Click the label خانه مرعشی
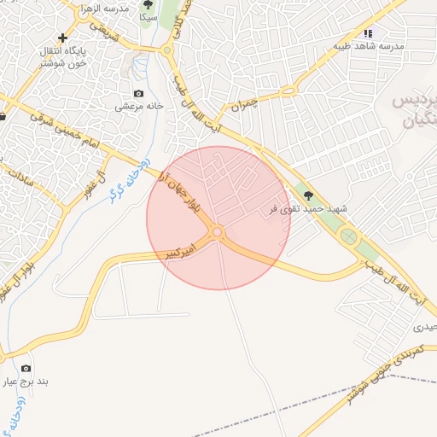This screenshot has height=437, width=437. click(x=138, y=108)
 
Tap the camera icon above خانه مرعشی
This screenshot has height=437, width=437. click(x=138, y=94)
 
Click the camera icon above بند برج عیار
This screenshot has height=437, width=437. click(x=26, y=368)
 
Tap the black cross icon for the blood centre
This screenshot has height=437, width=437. click(x=62, y=38)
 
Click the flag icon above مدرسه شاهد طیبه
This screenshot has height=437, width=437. click(x=369, y=32)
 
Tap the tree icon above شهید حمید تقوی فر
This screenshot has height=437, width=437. click(x=308, y=194)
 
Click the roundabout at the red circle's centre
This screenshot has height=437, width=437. click(x=218, y=232)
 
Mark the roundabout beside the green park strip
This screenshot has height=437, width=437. click(x=347, y=236)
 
